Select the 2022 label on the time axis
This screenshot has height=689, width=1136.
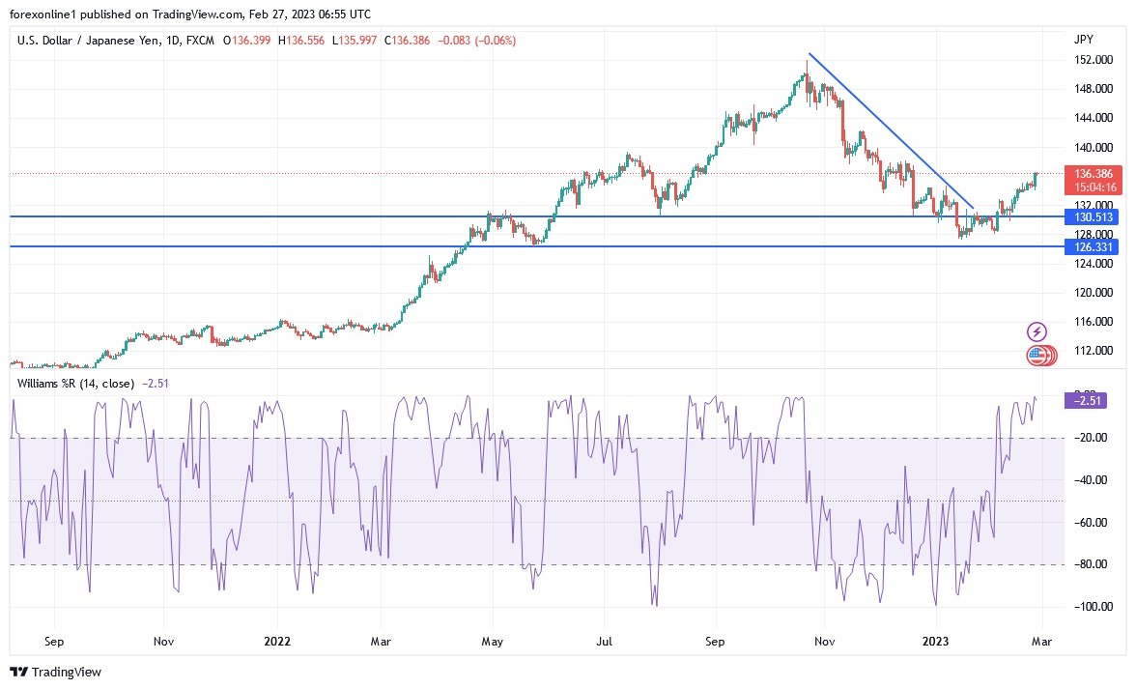tap(278, 641)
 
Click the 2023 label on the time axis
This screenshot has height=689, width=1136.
tap(936, 641)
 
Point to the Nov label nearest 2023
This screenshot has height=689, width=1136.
tap(824, 641)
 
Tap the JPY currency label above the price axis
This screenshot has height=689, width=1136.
tap(1083, 40)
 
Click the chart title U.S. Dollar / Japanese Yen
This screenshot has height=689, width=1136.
tap(92, 41)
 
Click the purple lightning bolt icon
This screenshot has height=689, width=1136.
tap(1037, 331)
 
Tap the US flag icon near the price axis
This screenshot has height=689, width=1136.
tap(1037, 356)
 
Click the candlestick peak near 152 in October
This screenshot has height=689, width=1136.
tap(807, 64)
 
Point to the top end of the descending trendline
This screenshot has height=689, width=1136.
tap(809, 54)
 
